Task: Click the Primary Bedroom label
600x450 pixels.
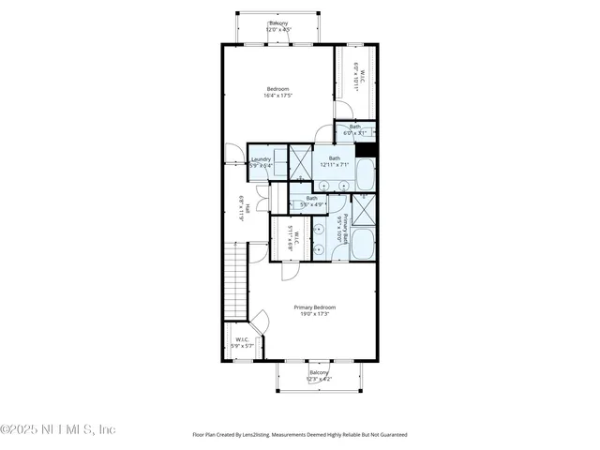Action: (314, 310)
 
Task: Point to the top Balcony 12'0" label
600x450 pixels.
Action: (278, 26)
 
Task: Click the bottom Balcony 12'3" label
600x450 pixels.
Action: (319, 375)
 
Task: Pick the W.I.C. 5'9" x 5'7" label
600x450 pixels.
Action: (242, 342)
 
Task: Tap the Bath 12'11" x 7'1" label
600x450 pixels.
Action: (333, 161)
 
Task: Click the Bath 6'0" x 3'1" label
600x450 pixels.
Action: (355, 129)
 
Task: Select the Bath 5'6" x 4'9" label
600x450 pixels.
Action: (311, 201)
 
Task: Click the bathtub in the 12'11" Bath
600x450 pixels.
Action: (365, 174)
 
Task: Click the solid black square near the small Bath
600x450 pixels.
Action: (371, 150)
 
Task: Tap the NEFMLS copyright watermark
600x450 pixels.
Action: (58, 429)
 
